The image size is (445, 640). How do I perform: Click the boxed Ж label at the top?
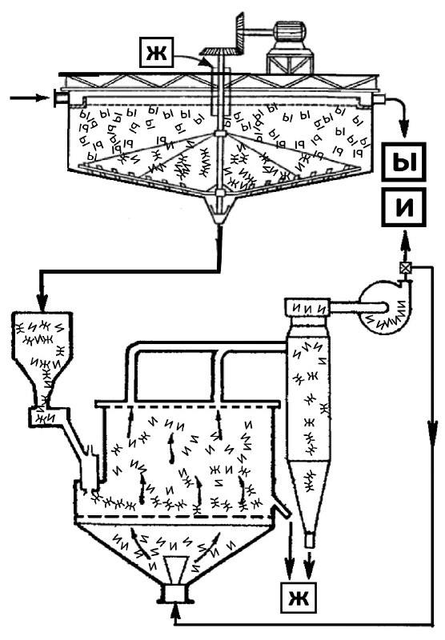(157, 52)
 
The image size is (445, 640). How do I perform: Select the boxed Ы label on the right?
(403, 162)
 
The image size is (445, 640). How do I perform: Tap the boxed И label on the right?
(403, 207)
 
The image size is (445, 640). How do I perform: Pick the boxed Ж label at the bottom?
(298, 598)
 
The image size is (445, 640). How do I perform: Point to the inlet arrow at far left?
(29, 98)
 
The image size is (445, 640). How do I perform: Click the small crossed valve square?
(405, 268)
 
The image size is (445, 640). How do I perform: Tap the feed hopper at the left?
(42, 359)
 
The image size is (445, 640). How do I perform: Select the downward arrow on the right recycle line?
(432, 430)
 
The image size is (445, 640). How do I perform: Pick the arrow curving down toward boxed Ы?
(398, 112)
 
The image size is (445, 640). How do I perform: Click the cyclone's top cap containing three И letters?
(307, 308)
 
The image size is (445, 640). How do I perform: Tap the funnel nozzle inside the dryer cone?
(176, 570)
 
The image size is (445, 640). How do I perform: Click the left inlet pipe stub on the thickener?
(61, 98)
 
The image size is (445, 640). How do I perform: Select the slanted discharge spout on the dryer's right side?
(282, 509)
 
